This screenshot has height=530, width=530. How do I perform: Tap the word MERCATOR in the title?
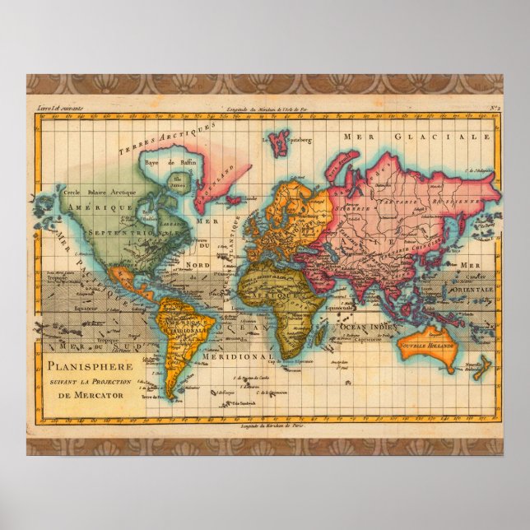(95, 396)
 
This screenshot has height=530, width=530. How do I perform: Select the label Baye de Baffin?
(162, 163)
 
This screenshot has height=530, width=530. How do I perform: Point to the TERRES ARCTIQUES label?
(155, 137)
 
